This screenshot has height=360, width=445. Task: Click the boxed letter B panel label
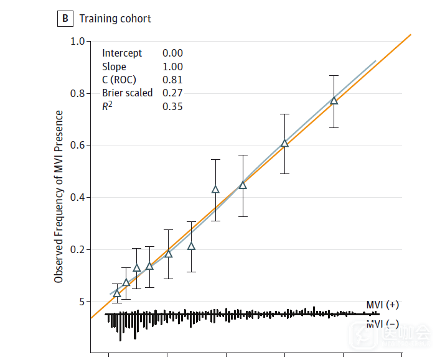65,19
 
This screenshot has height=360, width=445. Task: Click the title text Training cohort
115,19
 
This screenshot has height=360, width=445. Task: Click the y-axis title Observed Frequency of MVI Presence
59,196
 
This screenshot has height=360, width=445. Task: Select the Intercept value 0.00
172,53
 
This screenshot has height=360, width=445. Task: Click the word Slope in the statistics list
114,67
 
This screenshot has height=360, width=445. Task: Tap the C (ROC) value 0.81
172,80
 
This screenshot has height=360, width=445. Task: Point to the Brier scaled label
127,93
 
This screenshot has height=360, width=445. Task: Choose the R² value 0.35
172,107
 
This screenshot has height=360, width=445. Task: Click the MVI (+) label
383,305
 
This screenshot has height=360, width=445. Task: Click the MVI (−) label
383,323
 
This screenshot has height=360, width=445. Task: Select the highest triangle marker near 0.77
334,101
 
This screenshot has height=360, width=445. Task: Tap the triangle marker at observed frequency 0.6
284,144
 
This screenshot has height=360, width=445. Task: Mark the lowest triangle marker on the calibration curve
117,293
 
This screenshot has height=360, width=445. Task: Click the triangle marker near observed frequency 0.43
215,190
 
